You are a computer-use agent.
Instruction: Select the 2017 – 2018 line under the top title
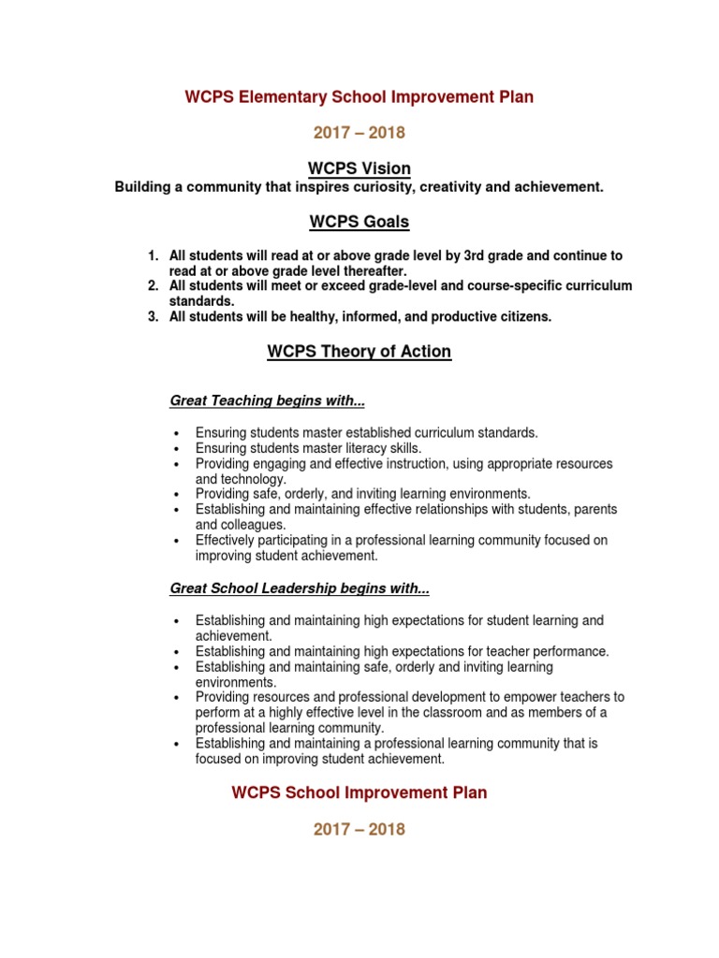(x=359, y=133)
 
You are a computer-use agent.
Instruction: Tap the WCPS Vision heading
(x=359, y=168)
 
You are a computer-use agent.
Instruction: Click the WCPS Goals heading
(x=359, y=223)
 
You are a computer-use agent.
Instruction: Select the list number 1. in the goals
(x=154, y=255)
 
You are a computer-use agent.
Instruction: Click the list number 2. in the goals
(x=154, y=285)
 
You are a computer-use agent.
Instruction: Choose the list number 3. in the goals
(x=154, y=317)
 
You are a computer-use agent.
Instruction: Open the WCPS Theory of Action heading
(x=359, y=352)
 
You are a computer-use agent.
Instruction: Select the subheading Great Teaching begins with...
(x=267, y=400)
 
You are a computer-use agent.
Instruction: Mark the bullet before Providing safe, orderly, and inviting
(x=176, y=494)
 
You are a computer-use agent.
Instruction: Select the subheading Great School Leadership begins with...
(x=300, y=588)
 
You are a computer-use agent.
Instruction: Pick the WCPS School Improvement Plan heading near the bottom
(x=359, y=792)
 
